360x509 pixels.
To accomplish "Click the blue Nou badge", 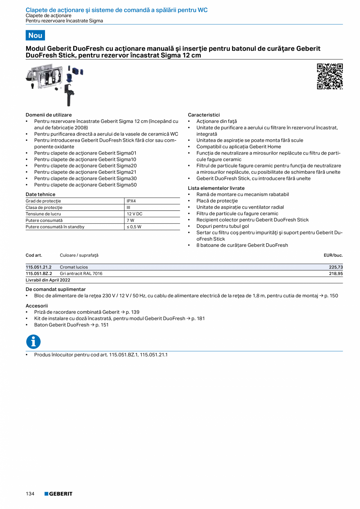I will (35, 35).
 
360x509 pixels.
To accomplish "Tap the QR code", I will (329, 76).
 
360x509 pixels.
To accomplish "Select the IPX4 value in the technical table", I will (131, 201).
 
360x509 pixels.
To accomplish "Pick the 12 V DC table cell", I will (134, 214).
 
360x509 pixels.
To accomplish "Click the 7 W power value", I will (130, 220).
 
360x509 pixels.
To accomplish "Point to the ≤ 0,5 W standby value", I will (134, 227).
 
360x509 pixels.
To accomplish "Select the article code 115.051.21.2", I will (39, 267).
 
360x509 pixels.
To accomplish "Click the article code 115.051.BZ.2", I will (39, 273).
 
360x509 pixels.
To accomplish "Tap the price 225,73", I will (336, 267).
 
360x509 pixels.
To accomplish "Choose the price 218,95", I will (336, 273).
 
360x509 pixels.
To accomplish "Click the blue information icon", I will (33, 342).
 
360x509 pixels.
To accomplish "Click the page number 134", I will (30, 494).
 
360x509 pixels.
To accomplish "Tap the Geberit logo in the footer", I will (58, 494).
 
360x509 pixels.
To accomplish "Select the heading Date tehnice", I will (40, 194).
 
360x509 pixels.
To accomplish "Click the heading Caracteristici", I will (204, 115).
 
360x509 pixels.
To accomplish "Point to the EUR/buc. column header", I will (333, 255).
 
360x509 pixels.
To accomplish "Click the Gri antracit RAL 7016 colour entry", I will (81, 273).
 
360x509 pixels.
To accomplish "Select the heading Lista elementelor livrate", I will (216, 188).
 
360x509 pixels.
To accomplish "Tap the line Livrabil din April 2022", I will (48, 280).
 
